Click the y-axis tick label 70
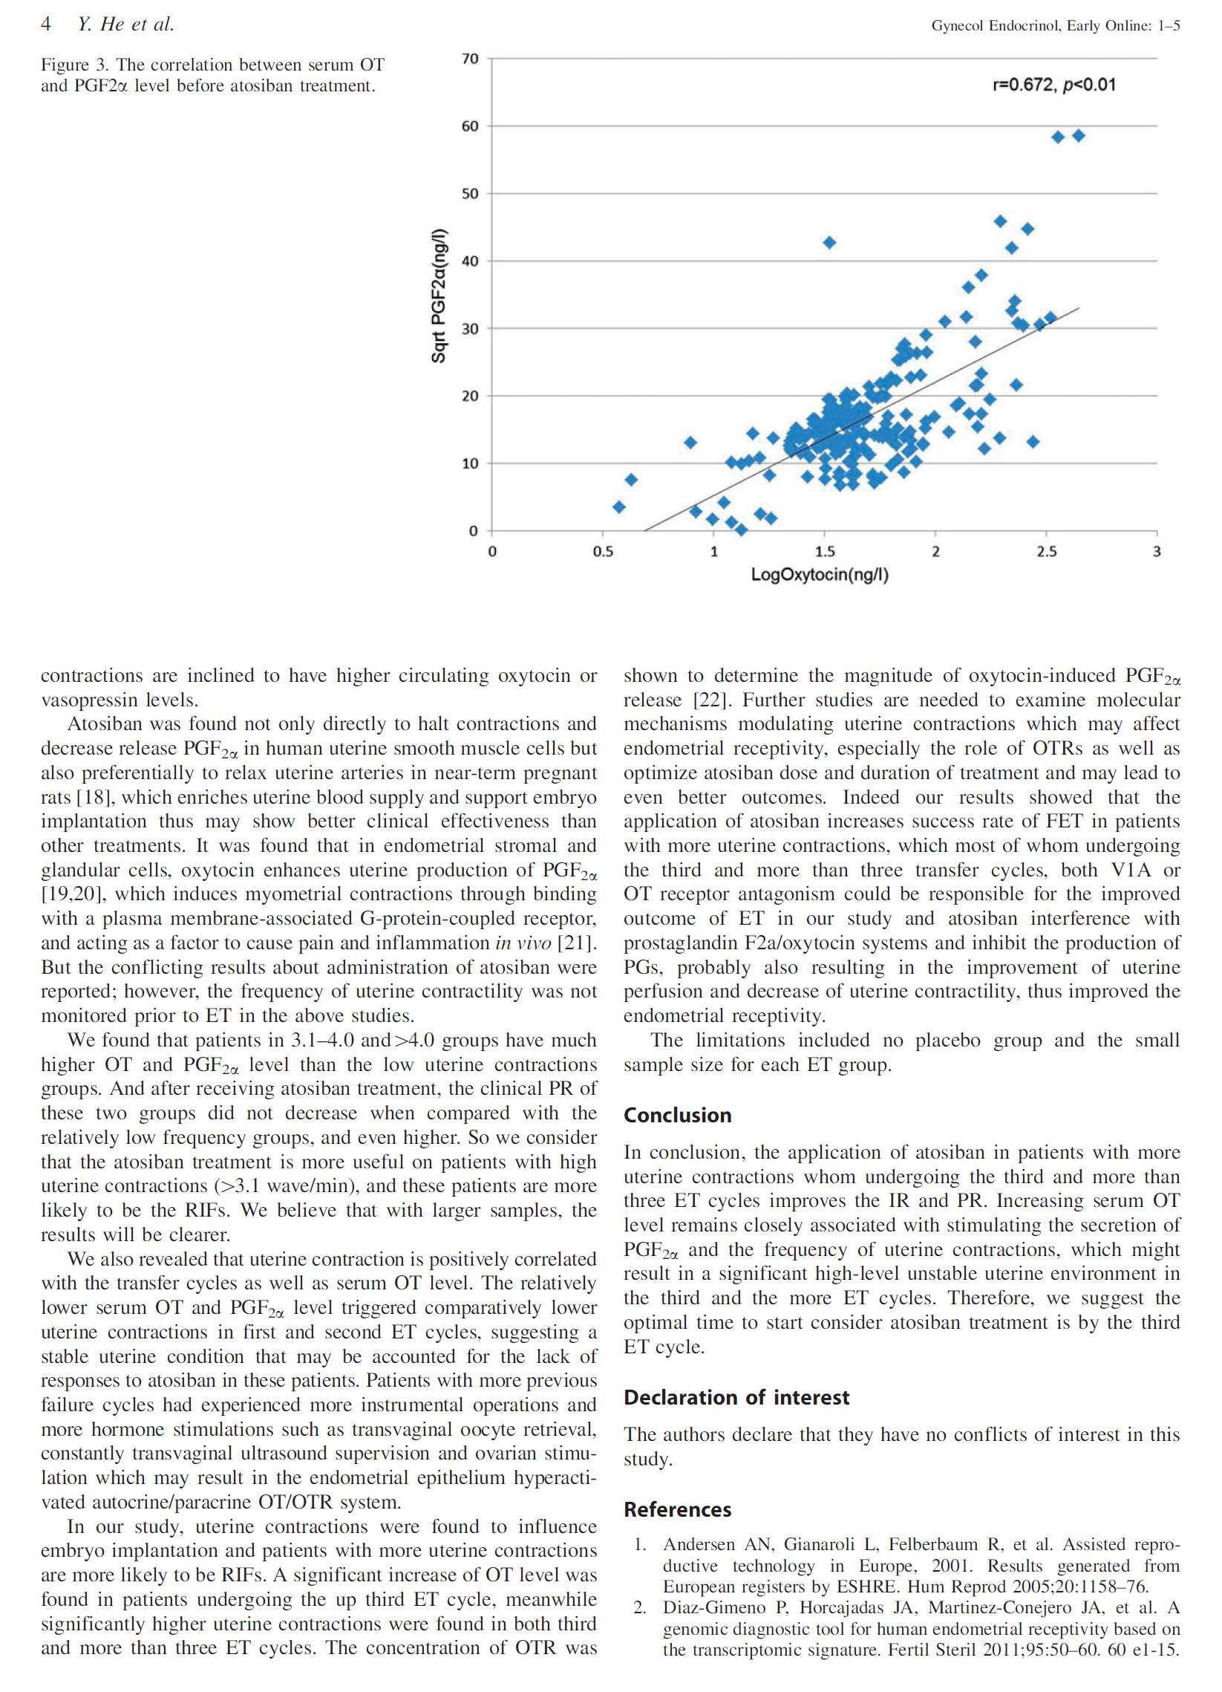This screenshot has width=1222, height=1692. click(470, 58)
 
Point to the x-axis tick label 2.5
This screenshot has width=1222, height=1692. click(1046, 551)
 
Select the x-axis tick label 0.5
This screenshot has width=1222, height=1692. click(602, 551)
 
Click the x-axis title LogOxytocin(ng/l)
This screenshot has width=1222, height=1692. click(820, 574)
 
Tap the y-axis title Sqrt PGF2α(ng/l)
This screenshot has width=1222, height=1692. click(440, 296)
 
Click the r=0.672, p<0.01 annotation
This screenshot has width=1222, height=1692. click(1053, 85)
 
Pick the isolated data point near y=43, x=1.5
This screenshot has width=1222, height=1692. click(829, 242)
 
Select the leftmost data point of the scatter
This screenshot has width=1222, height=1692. click(619, 507)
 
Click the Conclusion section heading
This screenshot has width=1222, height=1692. click(677, 1116)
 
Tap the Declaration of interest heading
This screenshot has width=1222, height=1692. click(736, 1397)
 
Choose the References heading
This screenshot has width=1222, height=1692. click(677, 1510)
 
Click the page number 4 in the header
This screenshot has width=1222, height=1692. click(45, 25)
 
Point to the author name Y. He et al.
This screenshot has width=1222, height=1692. click(125, 25)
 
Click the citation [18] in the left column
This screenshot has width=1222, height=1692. click(95, 798)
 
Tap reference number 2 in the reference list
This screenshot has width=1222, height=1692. click(639, 1608)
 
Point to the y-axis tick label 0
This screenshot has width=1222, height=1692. click(474, 531)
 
